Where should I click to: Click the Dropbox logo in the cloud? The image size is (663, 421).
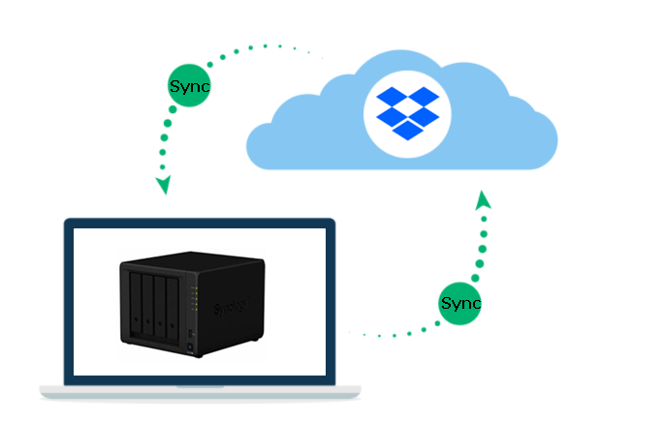(x=406, y=109)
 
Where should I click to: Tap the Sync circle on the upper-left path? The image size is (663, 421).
(x=190, y=86)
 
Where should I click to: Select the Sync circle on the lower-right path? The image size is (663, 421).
(x=459, y=304)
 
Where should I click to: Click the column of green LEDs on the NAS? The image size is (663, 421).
(x=195, y=298)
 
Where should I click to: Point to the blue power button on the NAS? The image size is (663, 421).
(x=192, y=334)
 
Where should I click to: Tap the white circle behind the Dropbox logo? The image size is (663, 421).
(x=406, y=109)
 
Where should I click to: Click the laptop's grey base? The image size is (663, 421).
(x=200, y=392)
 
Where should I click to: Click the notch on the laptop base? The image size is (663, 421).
(x=200, y=386)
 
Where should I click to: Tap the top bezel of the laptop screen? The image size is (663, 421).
(x=200, y=225)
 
